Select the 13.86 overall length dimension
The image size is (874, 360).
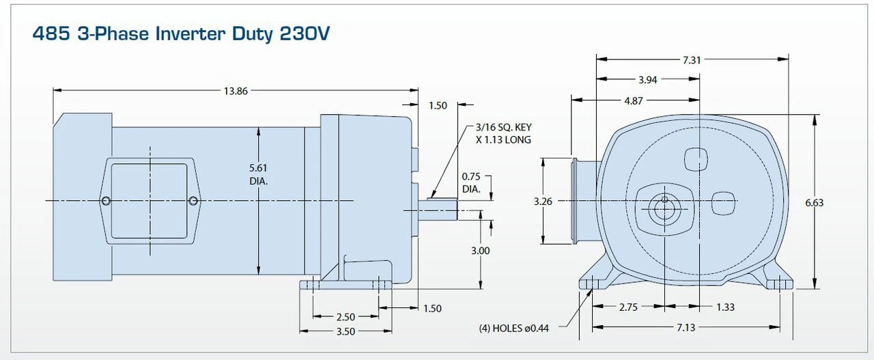[x=236, y=91]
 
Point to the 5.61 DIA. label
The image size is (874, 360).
[x=258, y=176]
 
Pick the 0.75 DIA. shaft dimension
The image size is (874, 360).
[x=470, y=182]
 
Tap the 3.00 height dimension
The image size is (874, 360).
[x=481, y=251]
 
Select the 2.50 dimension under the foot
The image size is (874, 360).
[x=346, y=317]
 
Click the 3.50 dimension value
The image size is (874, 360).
[x=346, y=331]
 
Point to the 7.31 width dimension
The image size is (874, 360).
[x=692, y=61]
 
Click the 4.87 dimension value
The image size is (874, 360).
[x=634, y=100]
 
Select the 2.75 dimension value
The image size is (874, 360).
[x=628, y=307]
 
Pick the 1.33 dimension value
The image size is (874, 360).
[x=725, y=307]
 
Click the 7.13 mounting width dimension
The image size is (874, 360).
[x=686, y=328]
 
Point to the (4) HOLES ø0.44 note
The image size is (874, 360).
[x=514, y=328]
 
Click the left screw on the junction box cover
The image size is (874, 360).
[x=106, y=201]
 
